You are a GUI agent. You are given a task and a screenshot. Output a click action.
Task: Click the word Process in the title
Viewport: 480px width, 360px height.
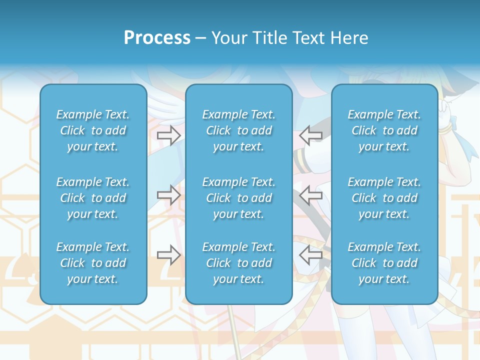pyautogui.click(x=157, y=38)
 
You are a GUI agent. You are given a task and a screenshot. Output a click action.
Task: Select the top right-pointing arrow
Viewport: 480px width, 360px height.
pyautogui.click(x=169, y=135)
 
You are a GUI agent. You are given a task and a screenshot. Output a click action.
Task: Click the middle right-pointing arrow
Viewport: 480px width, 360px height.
pyautogui.click(x=169, y=195)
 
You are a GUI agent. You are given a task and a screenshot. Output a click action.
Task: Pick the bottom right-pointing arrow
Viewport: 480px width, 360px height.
pyautogui.click(x=169, y=255)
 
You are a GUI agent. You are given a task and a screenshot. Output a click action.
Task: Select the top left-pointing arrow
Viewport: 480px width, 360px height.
pyautogui.click(x=311, y=135)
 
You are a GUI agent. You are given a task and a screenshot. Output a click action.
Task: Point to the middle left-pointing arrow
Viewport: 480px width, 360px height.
pyautogui.click(x=311, y=195)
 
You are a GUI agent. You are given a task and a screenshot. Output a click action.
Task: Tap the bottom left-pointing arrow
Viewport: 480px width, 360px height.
pyautogui.click(x=311, y=255)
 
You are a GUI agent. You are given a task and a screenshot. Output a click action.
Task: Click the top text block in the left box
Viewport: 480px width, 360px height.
pyautogui.click(x=93, y=130)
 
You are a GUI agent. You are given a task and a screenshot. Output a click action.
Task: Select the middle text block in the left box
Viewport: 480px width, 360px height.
pyautogui.click(x=93, y=198)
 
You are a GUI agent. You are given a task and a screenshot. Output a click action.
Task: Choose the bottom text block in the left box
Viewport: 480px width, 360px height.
pyautogui.click(x=93, y=263)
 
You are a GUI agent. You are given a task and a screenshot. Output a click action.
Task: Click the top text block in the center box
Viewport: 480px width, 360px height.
pyautogui.click(x=239, y=130)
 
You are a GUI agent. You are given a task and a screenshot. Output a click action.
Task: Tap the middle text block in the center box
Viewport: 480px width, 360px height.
pyautogui.click(x=239, y=198)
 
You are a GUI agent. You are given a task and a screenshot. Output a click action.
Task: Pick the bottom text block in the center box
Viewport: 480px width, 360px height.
pyautogui.click(x=239, y=263)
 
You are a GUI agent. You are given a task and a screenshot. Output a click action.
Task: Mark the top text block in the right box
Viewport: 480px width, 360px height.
pyautogui.click(x=384, y=130)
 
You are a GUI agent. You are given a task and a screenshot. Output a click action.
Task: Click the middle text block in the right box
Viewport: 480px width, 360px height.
pyautogui.click(x=384, y=198)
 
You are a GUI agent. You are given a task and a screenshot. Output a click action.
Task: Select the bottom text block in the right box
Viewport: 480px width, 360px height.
pyautogui.click(x=384, y=263)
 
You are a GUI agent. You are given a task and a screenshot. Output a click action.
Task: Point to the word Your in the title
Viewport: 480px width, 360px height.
pyautogui.click(x=227, y=38)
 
